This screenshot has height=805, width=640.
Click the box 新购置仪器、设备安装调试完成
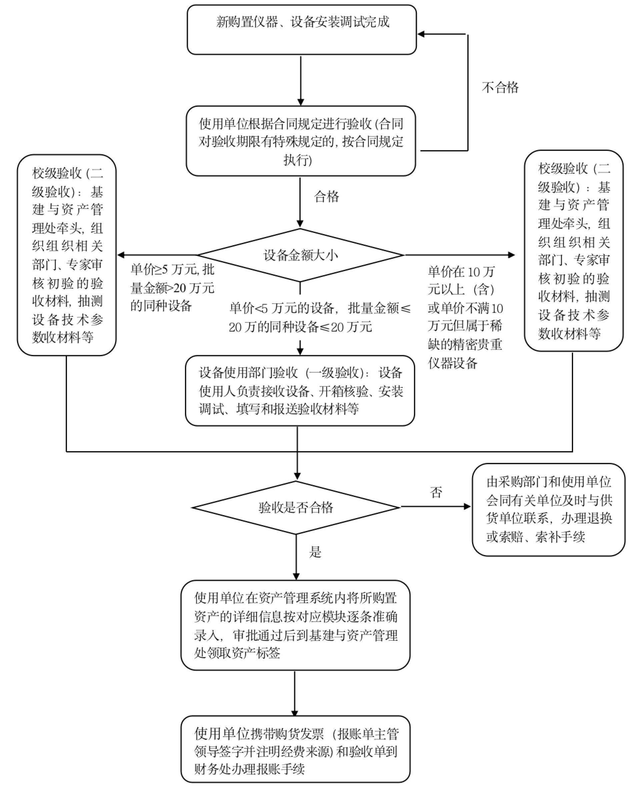(302, 30)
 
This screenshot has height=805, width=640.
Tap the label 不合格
(500, 88)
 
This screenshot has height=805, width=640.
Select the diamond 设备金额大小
(300, 255)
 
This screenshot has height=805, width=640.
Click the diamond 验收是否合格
(296, 507)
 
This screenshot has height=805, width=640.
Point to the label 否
(436, 492)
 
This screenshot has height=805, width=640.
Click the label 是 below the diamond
(315, 552)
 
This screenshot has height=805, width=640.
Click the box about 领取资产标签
(295, 625)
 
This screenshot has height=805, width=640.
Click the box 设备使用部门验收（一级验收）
(300, 391)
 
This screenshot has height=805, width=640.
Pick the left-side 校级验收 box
(67, 255)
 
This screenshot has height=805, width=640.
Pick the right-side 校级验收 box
(573, 251)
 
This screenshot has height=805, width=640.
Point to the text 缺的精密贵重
(465, 344)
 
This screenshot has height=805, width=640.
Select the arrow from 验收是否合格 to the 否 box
(435, 507)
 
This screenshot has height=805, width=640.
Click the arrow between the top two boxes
(300, 80)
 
